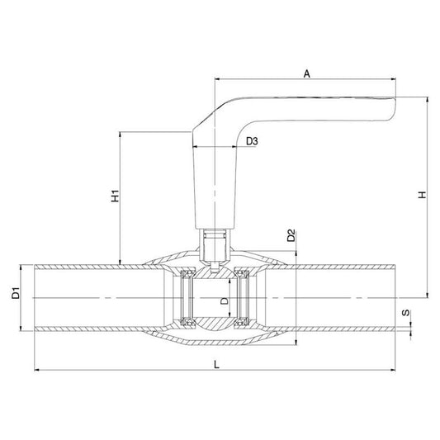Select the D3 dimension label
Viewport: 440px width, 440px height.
coord(253,142)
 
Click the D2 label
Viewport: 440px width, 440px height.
coord(291,236)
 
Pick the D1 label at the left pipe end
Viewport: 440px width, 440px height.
coord(14,294)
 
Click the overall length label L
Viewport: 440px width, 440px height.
coord(215,362)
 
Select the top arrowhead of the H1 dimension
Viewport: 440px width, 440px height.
coord(121,133)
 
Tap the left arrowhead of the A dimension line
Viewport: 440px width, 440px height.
coord(217,81)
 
